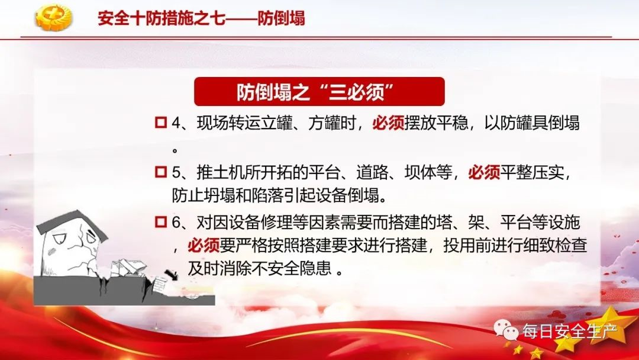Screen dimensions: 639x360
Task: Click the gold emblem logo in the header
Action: (x=53, y=18)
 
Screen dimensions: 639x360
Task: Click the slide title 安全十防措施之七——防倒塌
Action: (x=201, y=18)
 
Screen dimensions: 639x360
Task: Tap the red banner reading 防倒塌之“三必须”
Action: (x=319, y=91)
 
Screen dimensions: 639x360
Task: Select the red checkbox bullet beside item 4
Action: (x=161, y=123)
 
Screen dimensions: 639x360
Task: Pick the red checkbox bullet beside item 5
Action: (x=161, y=172)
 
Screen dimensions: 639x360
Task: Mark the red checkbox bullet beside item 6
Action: (x=161, y=222)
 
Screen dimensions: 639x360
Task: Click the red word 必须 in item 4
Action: (x=388, y=123)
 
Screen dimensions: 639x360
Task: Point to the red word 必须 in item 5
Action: (x=484, y=172)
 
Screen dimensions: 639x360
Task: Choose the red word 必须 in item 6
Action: (x=204, y=246)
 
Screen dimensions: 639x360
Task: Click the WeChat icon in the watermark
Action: (x=506, y=329)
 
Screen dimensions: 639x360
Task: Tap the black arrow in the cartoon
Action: (x=171, y=275)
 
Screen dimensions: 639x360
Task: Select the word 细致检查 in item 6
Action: (x=555, y=246)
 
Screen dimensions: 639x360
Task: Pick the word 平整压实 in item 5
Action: (x=532, y=172)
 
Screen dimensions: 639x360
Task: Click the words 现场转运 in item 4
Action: (x=228, y=123)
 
